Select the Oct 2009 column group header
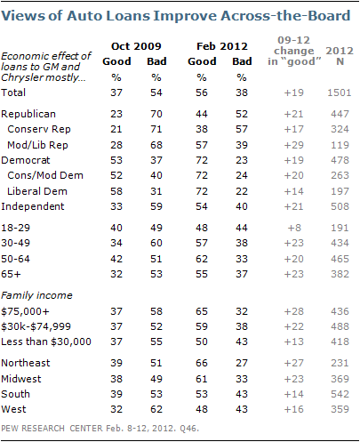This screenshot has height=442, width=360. tap(136, 46)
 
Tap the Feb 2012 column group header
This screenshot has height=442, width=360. tap(222, 46)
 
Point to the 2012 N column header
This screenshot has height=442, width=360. tap(340, 56)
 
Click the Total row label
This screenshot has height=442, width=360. tap(13, 92)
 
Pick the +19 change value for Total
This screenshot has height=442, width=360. tap(293, 92)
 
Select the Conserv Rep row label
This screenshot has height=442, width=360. tap(39, 129)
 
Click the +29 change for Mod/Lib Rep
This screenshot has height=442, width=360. tap(293, 145)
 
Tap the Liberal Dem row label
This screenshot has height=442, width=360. tap(37, 191)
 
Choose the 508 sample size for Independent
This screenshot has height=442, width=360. tap(340, 206)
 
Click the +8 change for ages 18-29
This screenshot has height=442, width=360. tap(293, 228)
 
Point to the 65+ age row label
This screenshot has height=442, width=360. tap(11, 274)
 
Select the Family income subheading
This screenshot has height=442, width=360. tap(36, 295)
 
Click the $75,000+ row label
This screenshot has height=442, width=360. tap(25, 311)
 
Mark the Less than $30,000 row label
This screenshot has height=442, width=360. tap(46, 342)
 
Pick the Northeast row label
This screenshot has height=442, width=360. tap(26, 363)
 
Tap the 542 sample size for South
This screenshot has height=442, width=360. tap(340, 394)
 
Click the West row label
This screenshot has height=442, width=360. tap(13, 409)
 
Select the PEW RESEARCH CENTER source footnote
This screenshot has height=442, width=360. tap(100, 429)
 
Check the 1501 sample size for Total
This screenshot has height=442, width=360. tap(340, 92)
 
